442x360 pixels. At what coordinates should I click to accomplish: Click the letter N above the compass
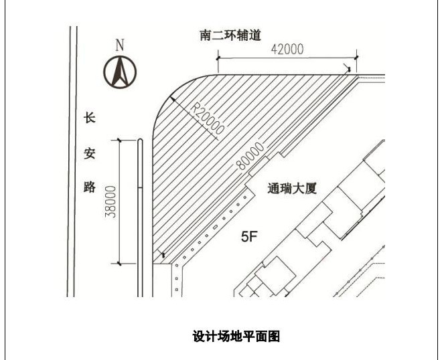coord(121,45)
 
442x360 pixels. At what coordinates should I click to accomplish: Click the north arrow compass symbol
coord(120,72)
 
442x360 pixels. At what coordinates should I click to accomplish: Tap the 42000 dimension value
coord(287,49)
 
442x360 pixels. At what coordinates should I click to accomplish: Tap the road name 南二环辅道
coord(230,34)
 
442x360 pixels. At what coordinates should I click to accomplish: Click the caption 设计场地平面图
coord(236,336)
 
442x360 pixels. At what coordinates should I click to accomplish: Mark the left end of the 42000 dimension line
coord(218,58)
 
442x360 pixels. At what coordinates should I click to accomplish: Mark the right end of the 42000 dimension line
coord(356,58)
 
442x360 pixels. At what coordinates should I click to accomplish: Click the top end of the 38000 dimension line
coord(120,140)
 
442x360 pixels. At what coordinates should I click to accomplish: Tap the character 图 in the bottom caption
coord(273,336)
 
